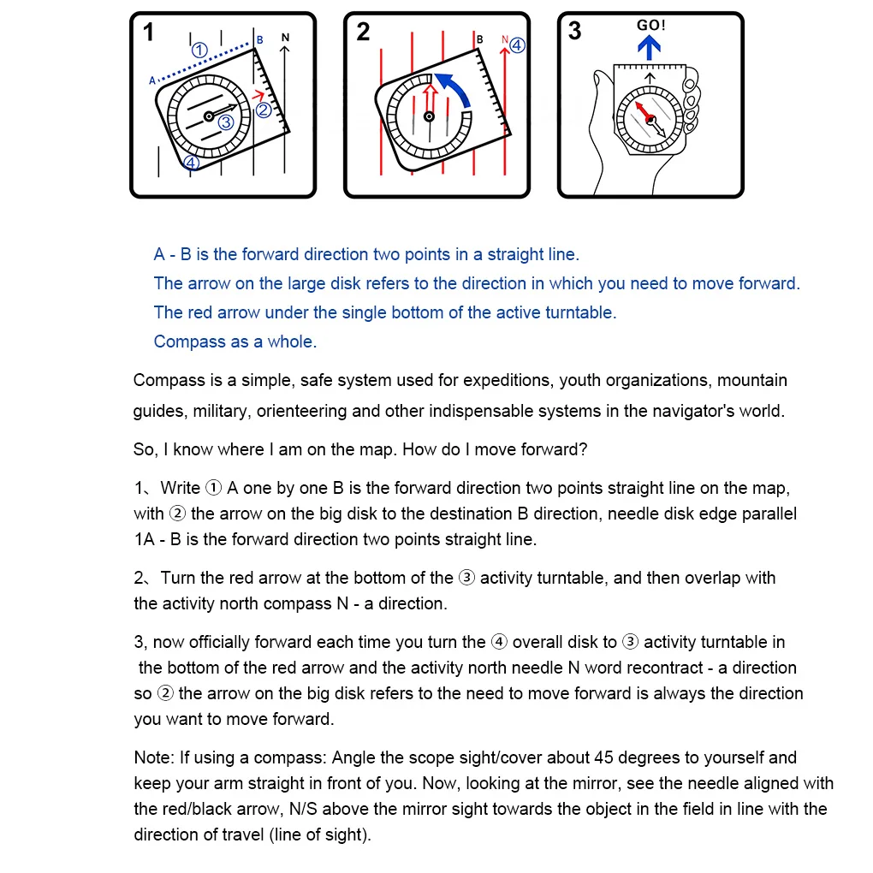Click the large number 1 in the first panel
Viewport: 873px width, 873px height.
pyautogui.click(x=149, y=33)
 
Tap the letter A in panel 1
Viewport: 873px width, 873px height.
pyautogui.click(x=152, y=80)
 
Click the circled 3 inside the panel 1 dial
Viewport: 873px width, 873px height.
pyautogui.click(x=226, y=122)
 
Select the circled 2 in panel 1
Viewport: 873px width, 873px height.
pyautogui.click(x=264, y=110)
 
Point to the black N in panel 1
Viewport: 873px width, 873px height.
pyautogui.click(x=285, y=39)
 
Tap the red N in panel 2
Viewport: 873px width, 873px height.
pyautogui.click(x=505, y=39)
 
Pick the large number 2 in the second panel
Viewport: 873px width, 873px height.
pyautogui.click(x=363, y=33)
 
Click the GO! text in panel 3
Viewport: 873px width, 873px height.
pyautogui.click(x=650, y=26)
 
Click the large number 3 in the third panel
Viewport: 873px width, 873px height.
pyautogui.click(x=574, y=32)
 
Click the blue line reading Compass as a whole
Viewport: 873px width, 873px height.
pyautogui.click(x=235, y=341)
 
